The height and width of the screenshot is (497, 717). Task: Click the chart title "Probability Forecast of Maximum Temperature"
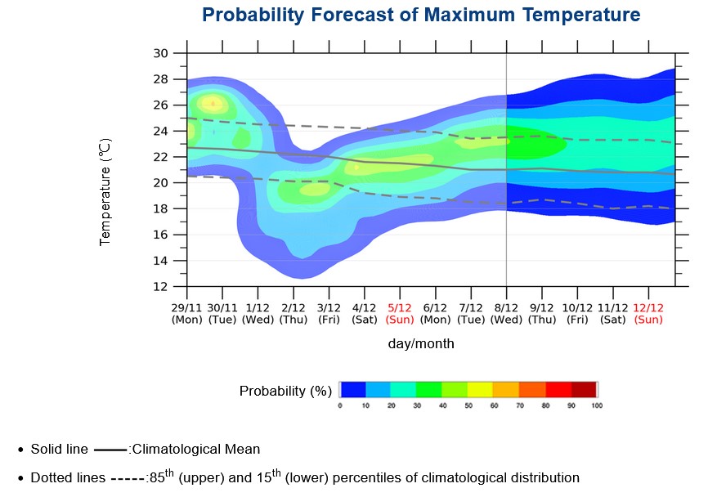point(421,16)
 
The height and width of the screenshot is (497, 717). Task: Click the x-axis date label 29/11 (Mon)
point(186,312)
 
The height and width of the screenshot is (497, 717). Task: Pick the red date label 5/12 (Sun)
point(400,312)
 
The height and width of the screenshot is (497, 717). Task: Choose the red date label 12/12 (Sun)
point(648,312)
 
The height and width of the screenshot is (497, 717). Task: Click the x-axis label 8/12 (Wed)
point(507,312)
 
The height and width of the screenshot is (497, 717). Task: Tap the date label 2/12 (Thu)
point(294,312)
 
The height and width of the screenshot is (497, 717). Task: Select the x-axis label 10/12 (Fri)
point(578,312)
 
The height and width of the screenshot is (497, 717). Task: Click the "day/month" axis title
point(421,344)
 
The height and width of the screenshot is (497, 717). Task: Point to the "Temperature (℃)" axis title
point(105,191)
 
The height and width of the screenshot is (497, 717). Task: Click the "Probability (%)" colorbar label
point(285,391)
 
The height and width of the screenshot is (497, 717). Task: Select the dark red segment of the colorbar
point(585,389)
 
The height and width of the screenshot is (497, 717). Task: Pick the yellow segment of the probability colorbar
point(482,389)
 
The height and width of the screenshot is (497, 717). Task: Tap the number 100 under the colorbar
point(596,405)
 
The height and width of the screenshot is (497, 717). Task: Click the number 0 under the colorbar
point(340,405)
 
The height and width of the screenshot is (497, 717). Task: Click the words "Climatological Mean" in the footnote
point(196,449)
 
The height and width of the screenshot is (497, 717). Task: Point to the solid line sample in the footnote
point(111,450)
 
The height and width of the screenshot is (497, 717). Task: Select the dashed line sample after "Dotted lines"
point(127,478)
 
